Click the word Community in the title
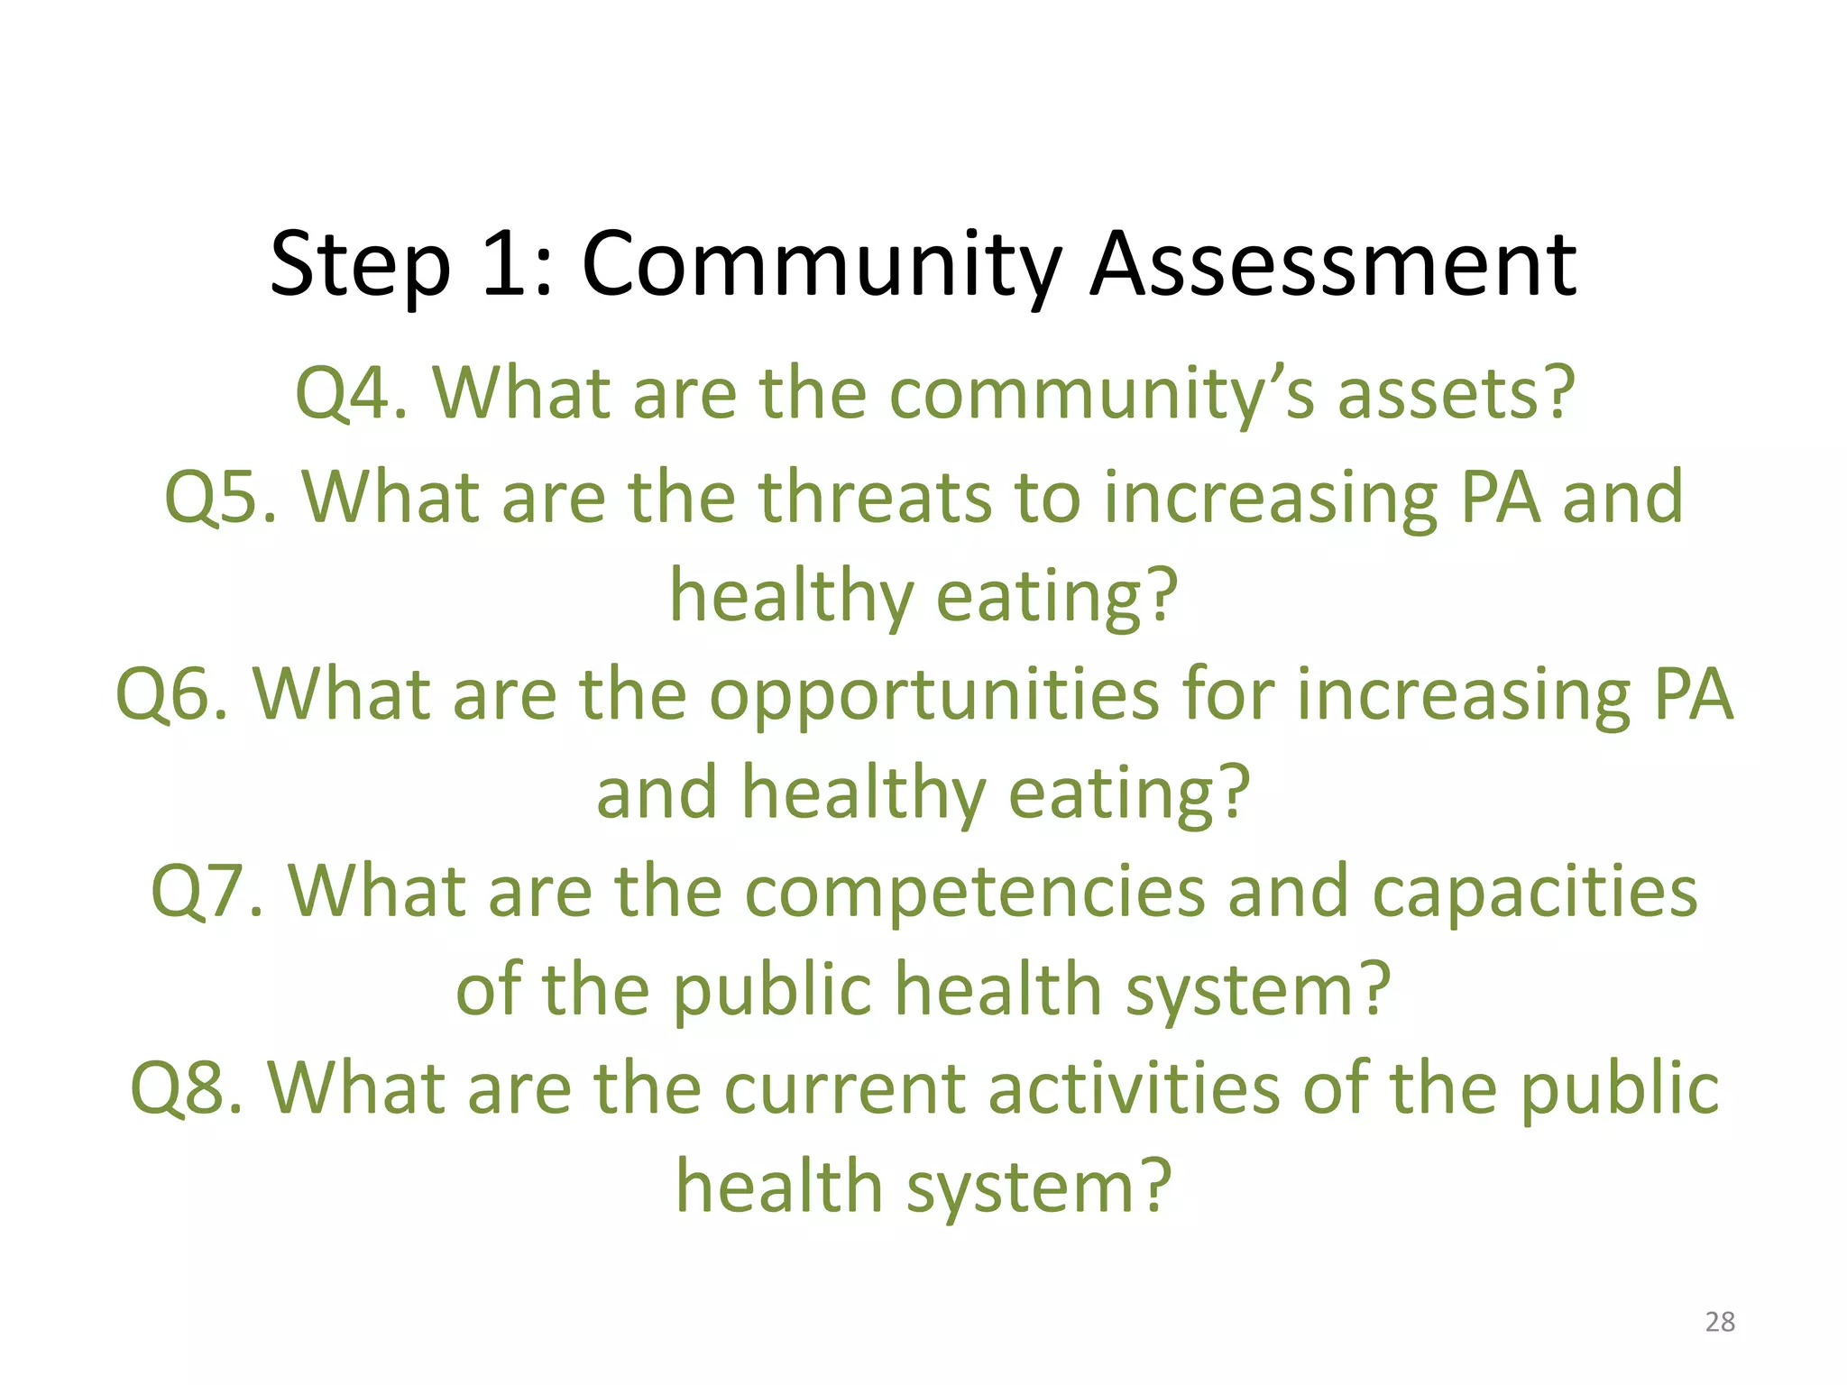(821, 265)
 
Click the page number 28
(1720, 1322)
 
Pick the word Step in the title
(360, 267)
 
